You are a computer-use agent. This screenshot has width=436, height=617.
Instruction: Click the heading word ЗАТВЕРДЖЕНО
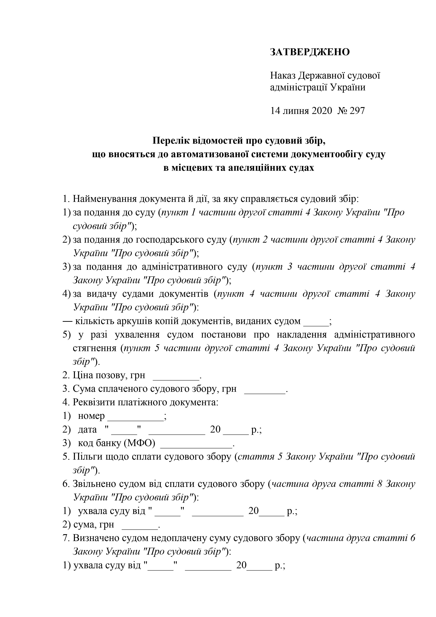[310, 52]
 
